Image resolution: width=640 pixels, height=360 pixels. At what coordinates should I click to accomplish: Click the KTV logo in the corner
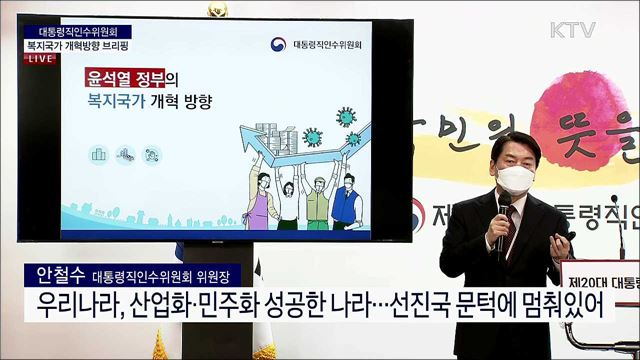pos(573,30)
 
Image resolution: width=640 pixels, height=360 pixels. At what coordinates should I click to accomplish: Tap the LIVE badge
pos(39,60)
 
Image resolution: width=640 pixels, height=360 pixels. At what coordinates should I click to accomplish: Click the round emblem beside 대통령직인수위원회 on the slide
pos(277,45)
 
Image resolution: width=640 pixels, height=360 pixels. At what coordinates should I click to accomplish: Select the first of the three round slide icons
pos(99,154)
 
